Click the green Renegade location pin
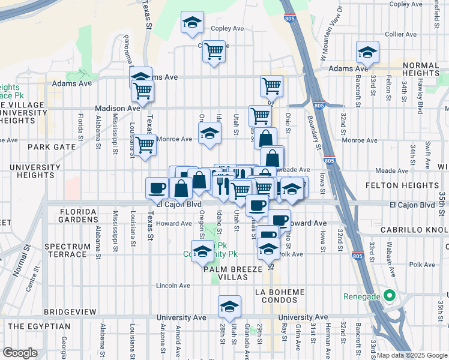pos(389,296)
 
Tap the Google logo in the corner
pos(20,353)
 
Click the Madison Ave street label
pos(118,108)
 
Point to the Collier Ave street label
pos(402,34)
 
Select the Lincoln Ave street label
pos(173,286)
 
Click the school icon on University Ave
pos(229,307)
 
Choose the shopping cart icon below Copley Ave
pos(214,52)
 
